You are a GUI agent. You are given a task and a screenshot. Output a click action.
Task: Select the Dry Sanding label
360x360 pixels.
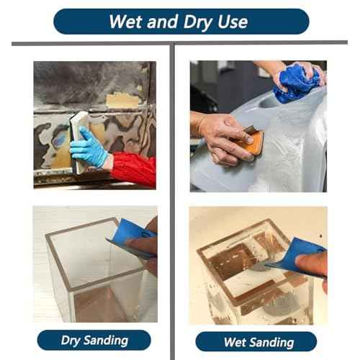(x=94, y=340)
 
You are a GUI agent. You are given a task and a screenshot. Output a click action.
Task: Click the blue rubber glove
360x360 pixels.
(x=89, y=148)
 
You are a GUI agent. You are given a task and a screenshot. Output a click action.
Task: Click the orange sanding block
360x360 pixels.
(x=253, y=143)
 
